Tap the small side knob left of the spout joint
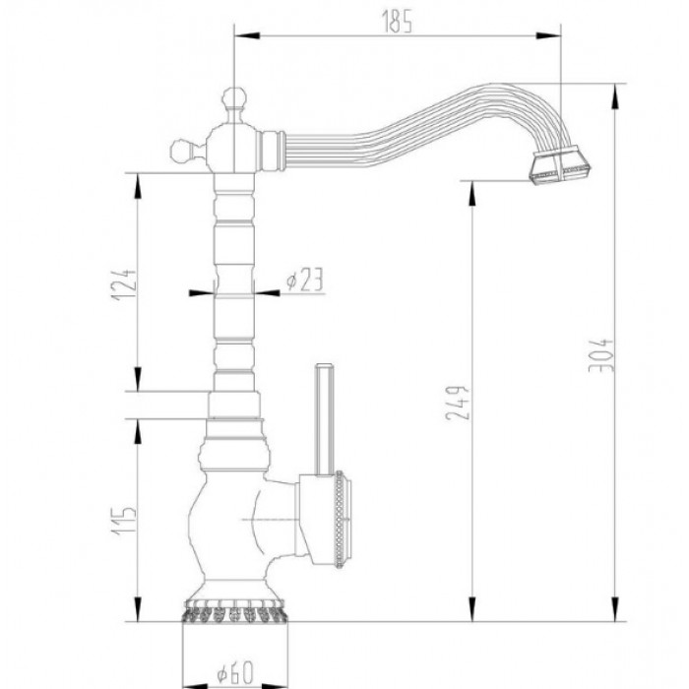click(x=180, y=151)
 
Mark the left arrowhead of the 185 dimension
click(x=239, y=37)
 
